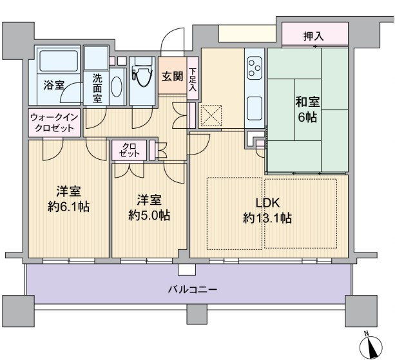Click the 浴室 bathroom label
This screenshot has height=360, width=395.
click(53, 86)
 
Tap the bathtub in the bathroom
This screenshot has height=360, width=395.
click(59, 61)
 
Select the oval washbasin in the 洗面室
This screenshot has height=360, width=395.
click(117, 87)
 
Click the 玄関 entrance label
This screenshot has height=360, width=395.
click(173, 76)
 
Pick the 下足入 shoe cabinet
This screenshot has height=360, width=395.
click(193, 78)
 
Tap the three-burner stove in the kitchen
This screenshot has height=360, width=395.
click(254, 68)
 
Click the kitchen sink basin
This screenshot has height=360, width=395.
click(255, 108)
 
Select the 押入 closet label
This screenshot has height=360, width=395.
click(313, 37)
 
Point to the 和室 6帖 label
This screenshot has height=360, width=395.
click(307, 109)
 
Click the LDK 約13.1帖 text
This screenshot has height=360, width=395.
click(267, 211)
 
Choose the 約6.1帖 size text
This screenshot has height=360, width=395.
click(68, 207)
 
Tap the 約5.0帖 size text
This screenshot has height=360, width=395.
click(149, 216)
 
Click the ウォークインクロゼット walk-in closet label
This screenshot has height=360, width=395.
click(54, 123)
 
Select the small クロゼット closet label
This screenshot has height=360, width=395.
click(130, 150)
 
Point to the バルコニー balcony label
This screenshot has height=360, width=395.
click(193, 290)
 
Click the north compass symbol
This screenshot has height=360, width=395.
click(371, 346)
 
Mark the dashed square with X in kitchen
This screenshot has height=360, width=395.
click(211, 116)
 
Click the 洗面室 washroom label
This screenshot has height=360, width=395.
click(97, 89)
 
